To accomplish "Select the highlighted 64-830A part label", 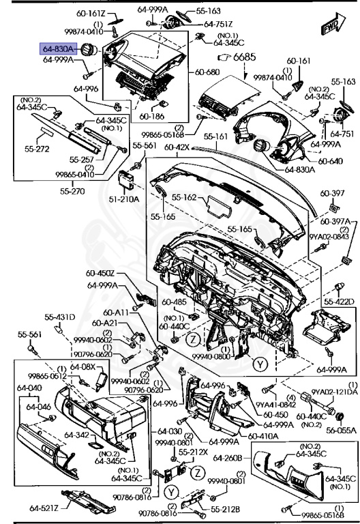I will coord(59,49).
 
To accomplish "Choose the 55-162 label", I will coord(183,196).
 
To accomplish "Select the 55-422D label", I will coord(340,301).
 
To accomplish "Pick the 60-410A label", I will coord(261,436).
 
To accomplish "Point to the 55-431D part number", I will coord(60,317).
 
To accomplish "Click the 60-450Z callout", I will coord(102,274).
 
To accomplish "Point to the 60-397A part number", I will coord(337,222).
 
